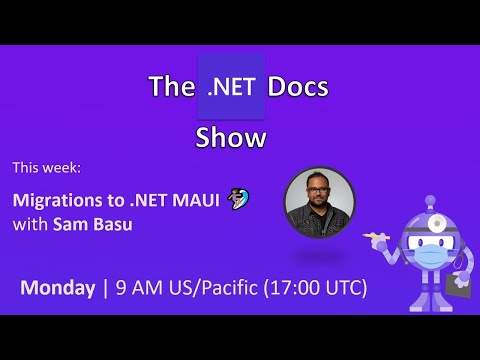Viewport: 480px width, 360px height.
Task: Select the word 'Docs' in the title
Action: pyautogui.click(x=296, y=88)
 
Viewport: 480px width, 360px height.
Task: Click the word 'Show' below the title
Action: pyautogui.click(x=232, y=137)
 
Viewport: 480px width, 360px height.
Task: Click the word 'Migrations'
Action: pyautogui.click(x=54, y=199)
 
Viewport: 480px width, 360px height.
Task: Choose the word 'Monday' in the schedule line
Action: pyautogui.click(x=57, y=288)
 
